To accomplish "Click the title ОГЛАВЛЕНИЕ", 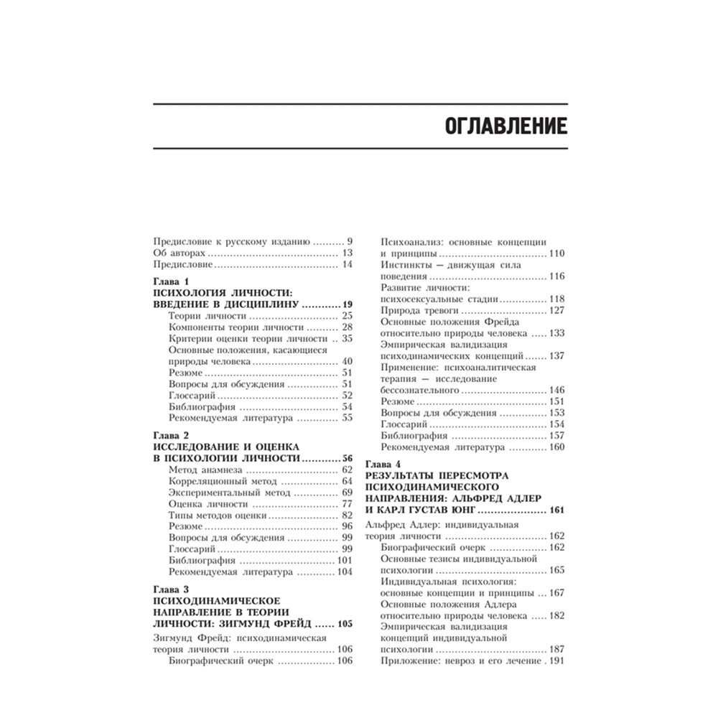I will (496, 126).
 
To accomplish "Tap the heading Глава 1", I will (171, 281).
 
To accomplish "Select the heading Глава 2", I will (171, 435).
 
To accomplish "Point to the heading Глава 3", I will (171, 589).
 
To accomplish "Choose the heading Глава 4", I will (383, 464).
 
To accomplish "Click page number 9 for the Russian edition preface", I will (350, 242).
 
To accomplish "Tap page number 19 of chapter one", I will (348, 304).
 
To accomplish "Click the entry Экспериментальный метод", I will (228, 493).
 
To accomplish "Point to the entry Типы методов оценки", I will (218, 516).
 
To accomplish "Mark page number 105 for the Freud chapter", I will (345, 624).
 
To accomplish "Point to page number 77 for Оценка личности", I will (348, 504).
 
